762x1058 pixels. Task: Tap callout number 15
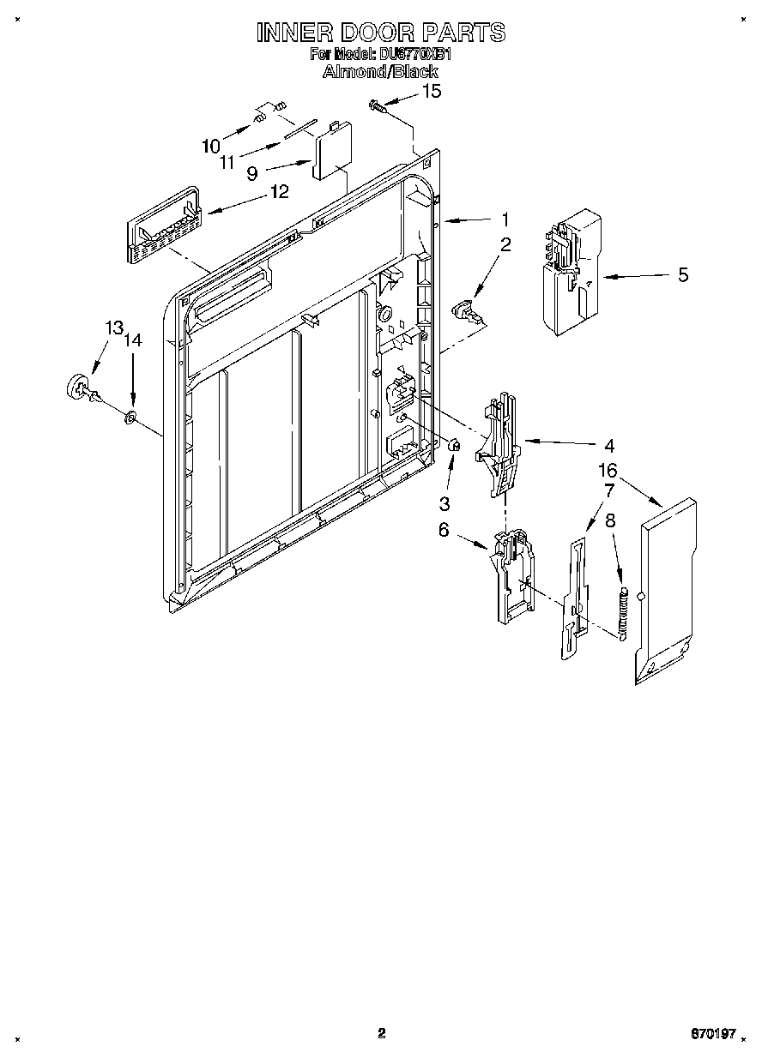click(x=432, y=91)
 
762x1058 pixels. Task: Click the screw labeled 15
click(x=377, y=105)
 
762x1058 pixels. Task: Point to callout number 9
click(x=251, y=173)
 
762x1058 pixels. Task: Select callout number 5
click(x=683, y=275)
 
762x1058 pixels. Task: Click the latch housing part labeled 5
click(x=571, y=268)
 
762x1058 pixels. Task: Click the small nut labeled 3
click(x=456, y=444)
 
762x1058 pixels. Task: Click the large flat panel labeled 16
click(x=666, y=592)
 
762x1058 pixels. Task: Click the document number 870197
click(x=714, y=1035)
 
